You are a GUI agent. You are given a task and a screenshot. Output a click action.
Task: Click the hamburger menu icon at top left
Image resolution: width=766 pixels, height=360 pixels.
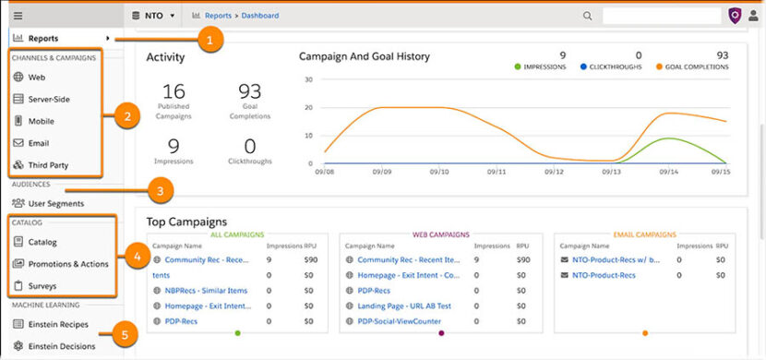click(x=18, y=16)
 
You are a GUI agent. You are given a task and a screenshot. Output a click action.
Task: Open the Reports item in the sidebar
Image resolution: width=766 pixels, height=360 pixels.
click(x=43, y=39)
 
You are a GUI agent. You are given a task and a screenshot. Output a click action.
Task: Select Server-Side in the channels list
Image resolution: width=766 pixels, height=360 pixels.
click(x=49, y=99)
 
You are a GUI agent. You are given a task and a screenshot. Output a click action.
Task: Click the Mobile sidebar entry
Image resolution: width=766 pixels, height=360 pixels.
click(x=41, y=121)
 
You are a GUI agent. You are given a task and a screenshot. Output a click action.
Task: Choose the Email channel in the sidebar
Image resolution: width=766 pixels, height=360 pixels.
click(x=39, y=143)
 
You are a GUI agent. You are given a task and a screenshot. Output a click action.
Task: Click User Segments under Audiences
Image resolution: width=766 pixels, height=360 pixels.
click(x=55, y=203)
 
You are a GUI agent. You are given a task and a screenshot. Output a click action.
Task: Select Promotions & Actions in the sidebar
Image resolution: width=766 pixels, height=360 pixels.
click(x=67, y=264)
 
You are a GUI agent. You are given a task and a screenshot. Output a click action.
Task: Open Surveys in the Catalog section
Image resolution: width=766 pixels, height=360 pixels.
click(x=43, y=286)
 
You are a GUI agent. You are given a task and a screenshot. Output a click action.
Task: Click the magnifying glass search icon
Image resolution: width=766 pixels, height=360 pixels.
click(x=588, y=16)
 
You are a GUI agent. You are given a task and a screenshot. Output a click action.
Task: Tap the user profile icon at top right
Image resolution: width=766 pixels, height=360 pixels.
click(x=753, y=16)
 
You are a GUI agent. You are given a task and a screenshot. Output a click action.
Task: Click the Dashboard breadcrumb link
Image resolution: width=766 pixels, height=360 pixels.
click(x=260, y=16)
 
